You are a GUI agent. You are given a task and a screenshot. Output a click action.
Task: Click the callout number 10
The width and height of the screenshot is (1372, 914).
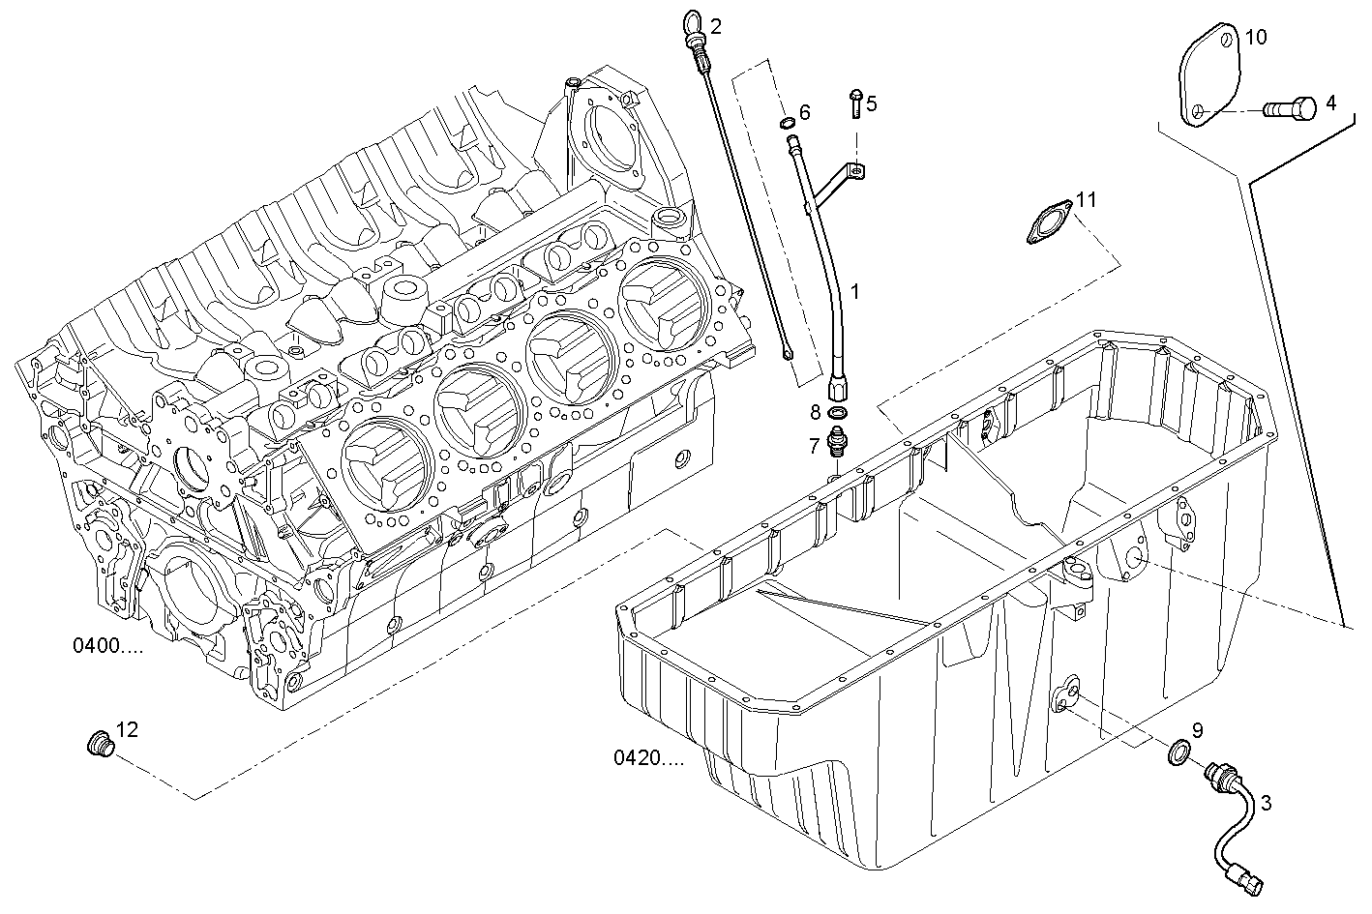(x=1255, y=38)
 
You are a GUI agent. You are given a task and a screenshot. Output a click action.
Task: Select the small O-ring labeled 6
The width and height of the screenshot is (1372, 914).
(x=787, y=123)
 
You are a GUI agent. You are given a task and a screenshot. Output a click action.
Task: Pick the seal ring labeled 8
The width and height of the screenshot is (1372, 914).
(x=838, y=414)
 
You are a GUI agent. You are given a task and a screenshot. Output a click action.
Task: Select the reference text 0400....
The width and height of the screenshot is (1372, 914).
(x=107, y=645)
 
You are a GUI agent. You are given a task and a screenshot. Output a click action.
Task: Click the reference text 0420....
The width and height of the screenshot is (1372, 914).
(x=648, y=757)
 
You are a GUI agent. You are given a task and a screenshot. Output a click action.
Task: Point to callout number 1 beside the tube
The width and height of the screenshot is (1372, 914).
(x=853, y=290)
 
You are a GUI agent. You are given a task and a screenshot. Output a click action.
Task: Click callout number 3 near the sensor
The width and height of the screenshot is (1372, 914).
(x=1265, y=802)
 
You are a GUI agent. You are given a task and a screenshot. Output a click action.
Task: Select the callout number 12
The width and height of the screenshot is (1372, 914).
(x=127, y=728)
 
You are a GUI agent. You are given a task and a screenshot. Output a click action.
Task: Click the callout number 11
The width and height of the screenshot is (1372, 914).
(x=1086, y=199)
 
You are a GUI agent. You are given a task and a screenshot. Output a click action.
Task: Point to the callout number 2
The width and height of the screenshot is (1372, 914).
(x=715, y=26)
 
